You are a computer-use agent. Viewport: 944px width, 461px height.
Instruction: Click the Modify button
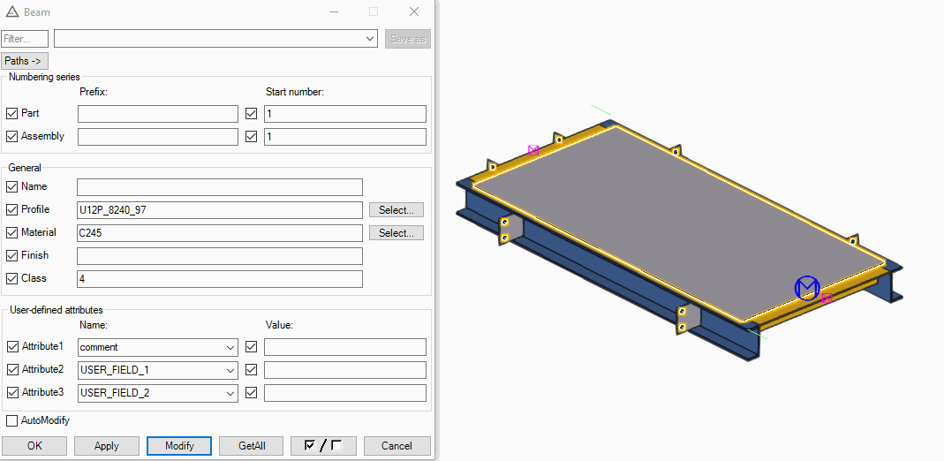pyautogui.click(x=179, y=446)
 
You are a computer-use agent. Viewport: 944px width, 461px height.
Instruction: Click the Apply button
pyautogui.click(x=107, y=446)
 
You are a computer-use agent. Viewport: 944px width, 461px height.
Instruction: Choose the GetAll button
pyautogui.click(x=252, y=446)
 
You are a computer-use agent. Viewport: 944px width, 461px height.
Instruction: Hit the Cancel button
pyautogui.click(x=396, y=446)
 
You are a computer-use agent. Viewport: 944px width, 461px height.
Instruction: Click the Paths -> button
pyautogui.click(x=26, y=61)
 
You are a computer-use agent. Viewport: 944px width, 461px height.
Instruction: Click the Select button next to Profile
pyautogui.click(x=396, y=210)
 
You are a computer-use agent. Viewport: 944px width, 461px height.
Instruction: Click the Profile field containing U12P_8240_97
pyautogui.click(x=220, y=210)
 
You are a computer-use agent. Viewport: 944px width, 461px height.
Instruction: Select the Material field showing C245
pyautogui.click(x=220, y=233)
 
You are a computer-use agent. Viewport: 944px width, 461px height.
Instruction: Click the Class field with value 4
pyautogui.click(x=220, y=279)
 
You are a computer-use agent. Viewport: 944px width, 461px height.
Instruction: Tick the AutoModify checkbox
pyautogui.click(x=12, y=420)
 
